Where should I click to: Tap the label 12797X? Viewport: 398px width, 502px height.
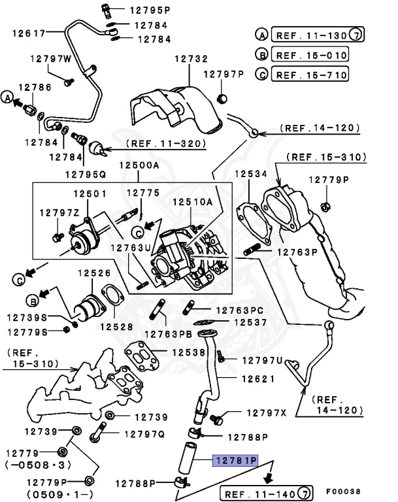click(267, 412)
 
